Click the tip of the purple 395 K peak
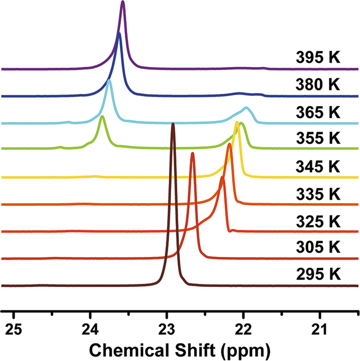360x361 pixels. (x=123, y=2)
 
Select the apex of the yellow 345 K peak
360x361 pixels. (x=237, y=122)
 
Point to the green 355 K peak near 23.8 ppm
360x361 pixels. (x=102, y=117)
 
